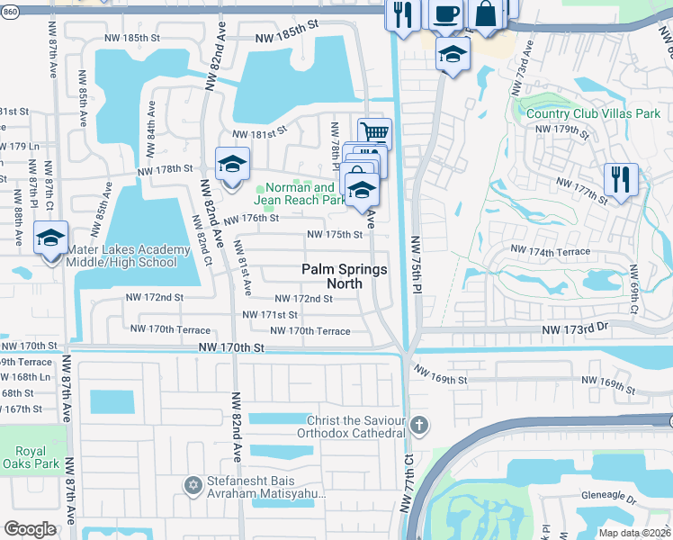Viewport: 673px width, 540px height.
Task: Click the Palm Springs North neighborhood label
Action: coord(344,276)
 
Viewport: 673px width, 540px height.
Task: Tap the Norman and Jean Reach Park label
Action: coord(299,194)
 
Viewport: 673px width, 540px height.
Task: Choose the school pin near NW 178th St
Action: coord(232,166)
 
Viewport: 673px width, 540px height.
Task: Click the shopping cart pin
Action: coord(375,134)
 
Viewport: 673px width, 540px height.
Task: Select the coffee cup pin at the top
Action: coord(446,13)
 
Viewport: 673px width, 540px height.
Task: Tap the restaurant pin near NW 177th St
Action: coord(620,178)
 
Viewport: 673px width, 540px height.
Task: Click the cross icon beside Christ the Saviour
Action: coord(417,424)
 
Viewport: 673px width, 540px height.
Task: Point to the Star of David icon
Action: coord(191,486)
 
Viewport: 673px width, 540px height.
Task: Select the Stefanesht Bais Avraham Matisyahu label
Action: coord(265,487)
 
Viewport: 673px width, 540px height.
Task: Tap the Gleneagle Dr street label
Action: coord(608,498)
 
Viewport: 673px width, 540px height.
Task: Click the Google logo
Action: coord(30,529)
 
